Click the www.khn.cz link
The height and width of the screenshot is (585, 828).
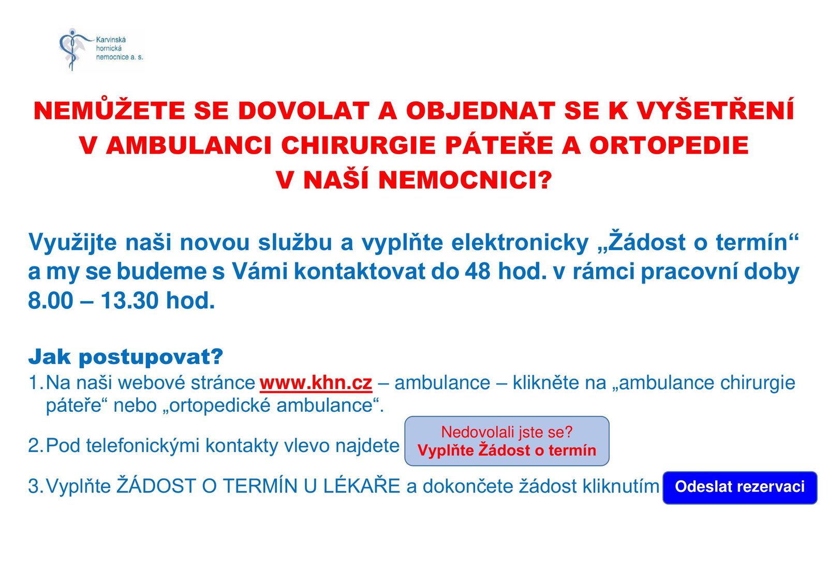[316, 383]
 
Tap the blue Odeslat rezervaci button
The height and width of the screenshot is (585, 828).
[740, 487]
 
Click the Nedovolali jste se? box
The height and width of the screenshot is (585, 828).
[507, 441]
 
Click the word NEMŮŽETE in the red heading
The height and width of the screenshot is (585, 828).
[109, 111]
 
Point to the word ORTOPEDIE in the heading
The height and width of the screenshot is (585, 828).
[669, 145]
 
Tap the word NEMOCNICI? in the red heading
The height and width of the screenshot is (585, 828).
[465, 180]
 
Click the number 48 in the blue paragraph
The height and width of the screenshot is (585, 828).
[478, 272]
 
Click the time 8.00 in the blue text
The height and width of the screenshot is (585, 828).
[51, 301]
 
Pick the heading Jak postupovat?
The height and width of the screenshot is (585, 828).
[126, 357]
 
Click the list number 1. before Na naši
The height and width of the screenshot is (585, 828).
[36, 383]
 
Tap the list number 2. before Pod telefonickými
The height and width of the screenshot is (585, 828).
[36, 446]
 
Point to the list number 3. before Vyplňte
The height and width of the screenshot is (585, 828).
[36, 486]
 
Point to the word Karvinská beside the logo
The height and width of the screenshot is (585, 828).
[111, 39]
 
